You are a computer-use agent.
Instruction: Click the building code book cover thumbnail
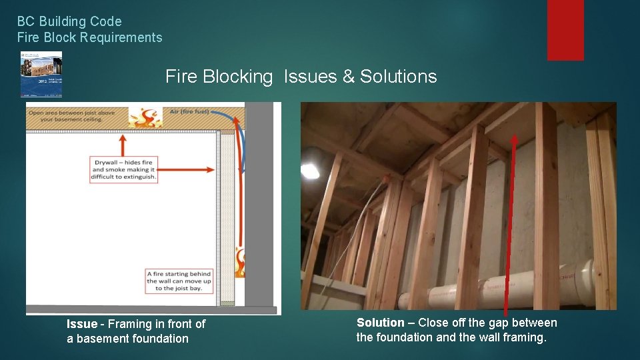coord(41,74)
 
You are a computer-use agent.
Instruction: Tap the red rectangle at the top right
coord(565,30)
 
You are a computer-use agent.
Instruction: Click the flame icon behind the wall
coord(240,262)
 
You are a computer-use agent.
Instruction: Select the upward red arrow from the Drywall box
coord(123,144)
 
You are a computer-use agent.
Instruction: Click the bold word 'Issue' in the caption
coord(81,324)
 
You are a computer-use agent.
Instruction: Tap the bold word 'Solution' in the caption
coord(380,323)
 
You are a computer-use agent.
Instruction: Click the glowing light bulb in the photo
coord(309,171)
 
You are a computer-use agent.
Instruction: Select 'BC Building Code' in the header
coord(69,22)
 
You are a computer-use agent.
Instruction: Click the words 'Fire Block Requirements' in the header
coord(89,37)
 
